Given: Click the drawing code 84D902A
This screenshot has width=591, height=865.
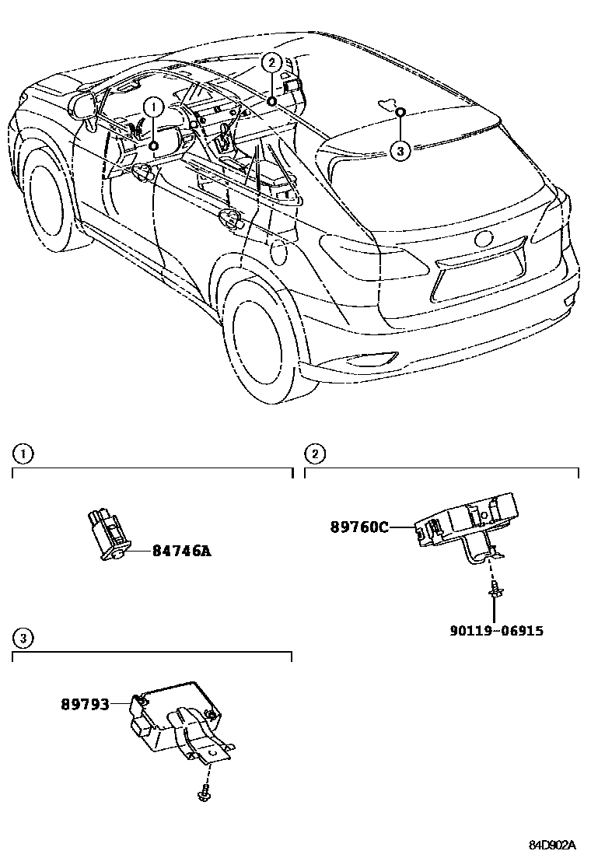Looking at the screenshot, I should click(x=552, y=845).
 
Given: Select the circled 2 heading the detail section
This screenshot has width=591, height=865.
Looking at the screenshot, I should click(x=314, y=454).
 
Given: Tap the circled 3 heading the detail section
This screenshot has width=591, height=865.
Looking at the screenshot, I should click(x=23, y=639).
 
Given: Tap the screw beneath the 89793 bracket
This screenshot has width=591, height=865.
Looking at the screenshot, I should click(x=205, y=793).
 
